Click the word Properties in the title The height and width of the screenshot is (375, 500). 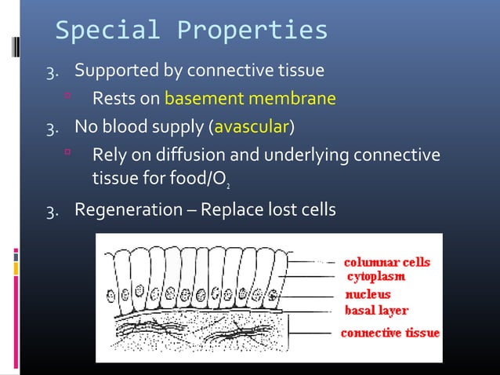point(252,31)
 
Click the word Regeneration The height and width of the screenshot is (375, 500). point(123,210)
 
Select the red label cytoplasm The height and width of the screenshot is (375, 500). point(375,276)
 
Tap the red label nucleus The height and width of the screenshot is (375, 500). point(369,295)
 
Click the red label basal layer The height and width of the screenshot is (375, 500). point(376,310)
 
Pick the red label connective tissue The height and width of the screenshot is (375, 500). point(389,333)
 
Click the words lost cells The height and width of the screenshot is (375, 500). point(302,210)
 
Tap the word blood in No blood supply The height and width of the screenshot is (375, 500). point(125,126)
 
